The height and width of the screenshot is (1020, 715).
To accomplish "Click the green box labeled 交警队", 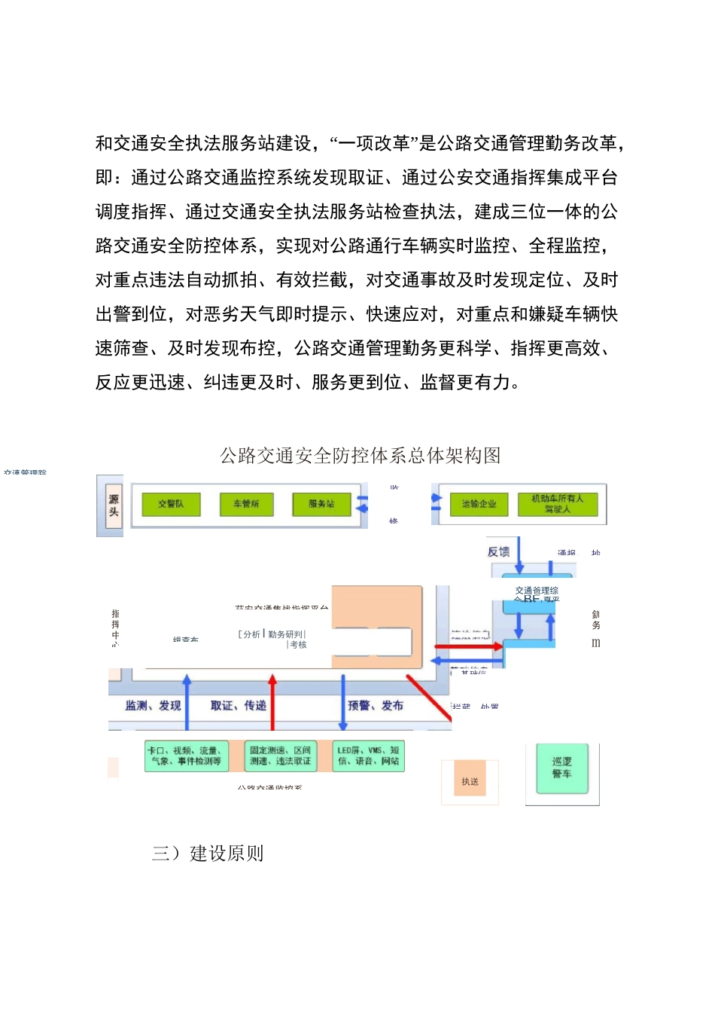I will pyautogui.click(x=171, y=504).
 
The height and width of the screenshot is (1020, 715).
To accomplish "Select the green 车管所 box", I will pyautogui.click(x=246, y=504).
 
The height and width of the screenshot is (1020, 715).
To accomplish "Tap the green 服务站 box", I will pyautogui.click(x=321, y=504).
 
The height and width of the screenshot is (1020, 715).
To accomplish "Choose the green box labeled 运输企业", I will pyautogui.click(x=479, y=504).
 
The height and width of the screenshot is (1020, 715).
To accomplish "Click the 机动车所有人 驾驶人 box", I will pyautogui.click(x=557, y=504).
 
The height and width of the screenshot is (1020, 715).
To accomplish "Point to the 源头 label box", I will pyautogui.click(x=114, y=505).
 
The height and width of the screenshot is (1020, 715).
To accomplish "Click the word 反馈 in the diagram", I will pyautogui.click(x=498, y=551).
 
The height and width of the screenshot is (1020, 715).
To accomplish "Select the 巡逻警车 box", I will pyautogui.click(x=561, y=768).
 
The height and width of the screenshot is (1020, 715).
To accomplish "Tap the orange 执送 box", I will pyautogui.click(x=470, y=781).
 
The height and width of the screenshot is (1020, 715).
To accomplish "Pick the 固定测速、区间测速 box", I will pyautogui.click(x=280, y=756).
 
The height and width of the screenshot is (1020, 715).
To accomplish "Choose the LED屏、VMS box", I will pyautogui.click(x=368, y=756).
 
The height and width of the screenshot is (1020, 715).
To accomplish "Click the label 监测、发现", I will pyautogui.click(x=153, y=705).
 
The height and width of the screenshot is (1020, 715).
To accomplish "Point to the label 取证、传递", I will pyautogui.click(x=238, y=705).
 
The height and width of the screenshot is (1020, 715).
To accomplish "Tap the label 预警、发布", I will pyautogui.click(x=376, y=705).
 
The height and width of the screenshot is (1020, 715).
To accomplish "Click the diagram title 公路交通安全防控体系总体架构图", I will pyautogui.click(x=360, y=455).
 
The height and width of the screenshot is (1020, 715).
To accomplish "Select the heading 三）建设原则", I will pyautogui.click(x=208, y=853).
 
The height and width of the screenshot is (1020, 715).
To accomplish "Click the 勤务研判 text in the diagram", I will pyautogui.click(x=286, y=634).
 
